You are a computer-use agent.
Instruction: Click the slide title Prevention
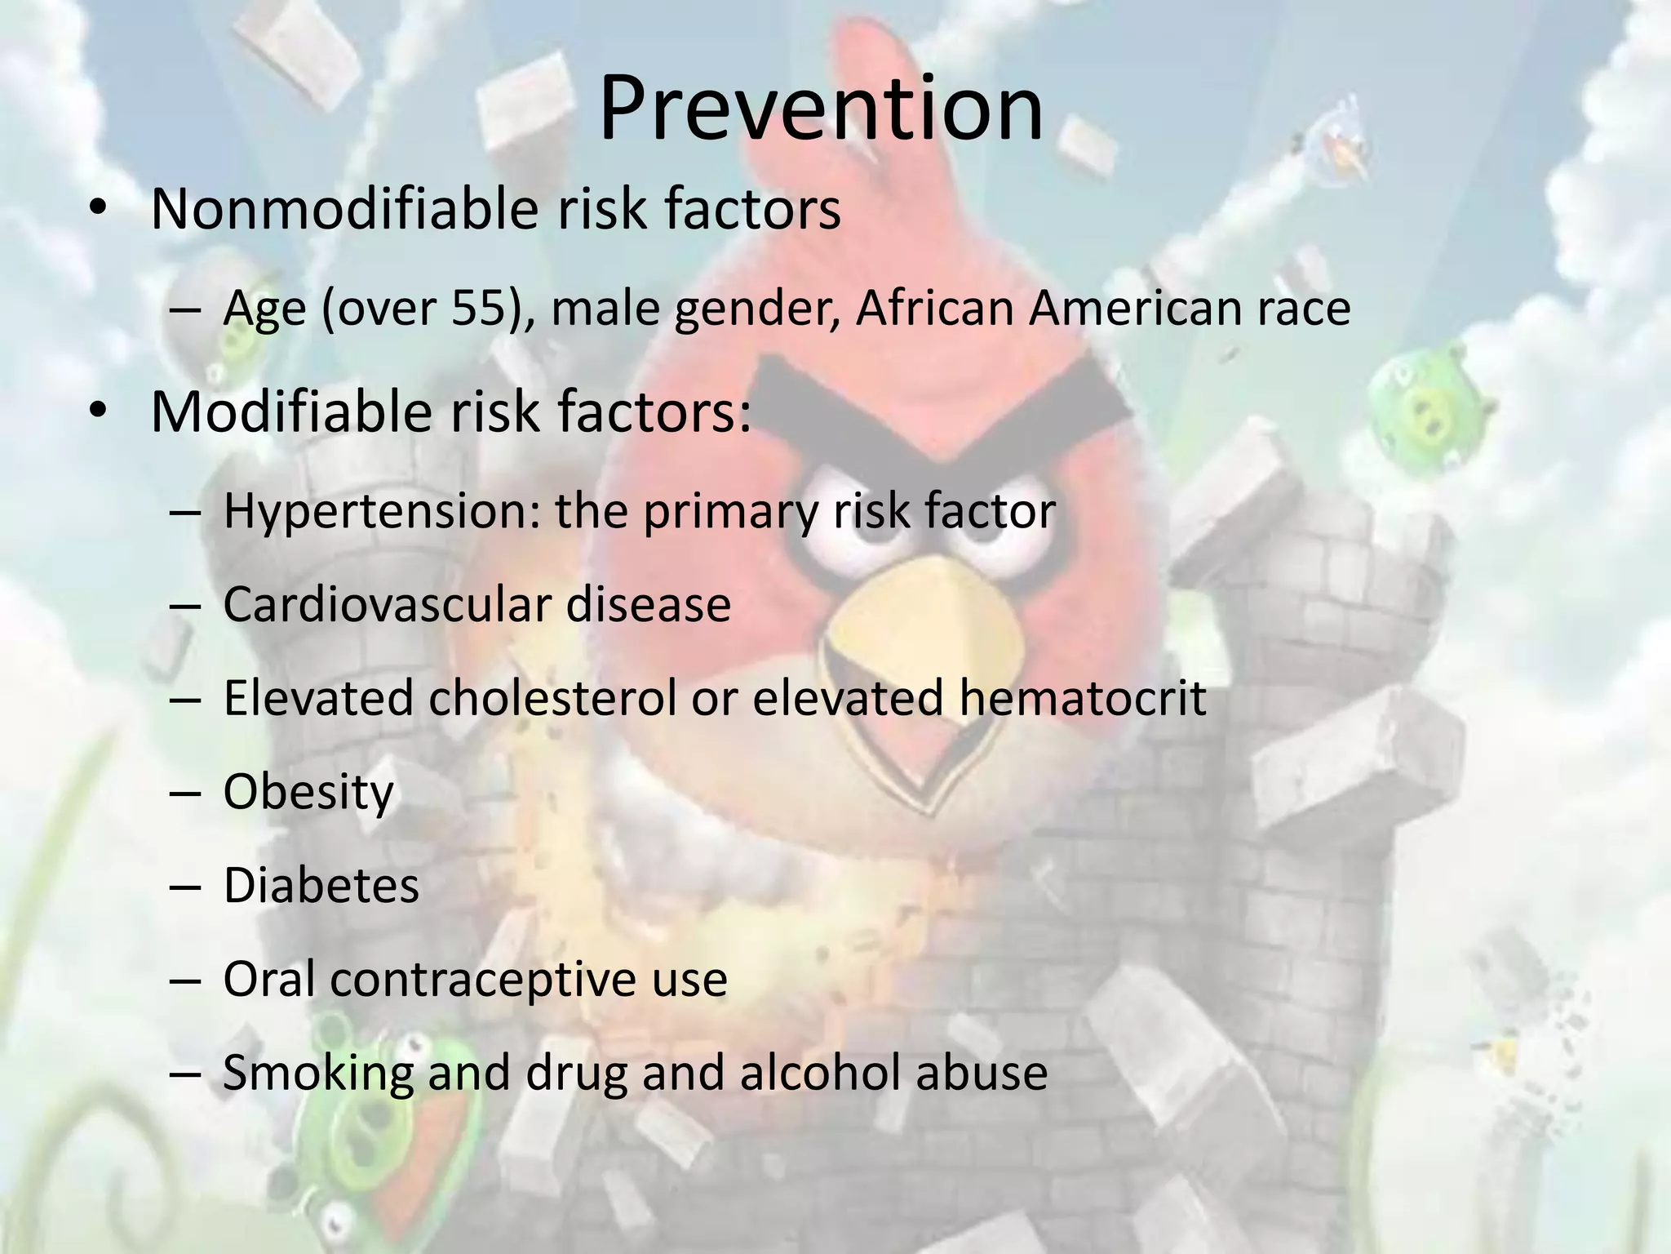click(821, 109)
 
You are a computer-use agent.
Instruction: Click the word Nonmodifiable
click(344, 209)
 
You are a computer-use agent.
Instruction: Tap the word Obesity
click(308, 794)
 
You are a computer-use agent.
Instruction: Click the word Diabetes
click(321, 886)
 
